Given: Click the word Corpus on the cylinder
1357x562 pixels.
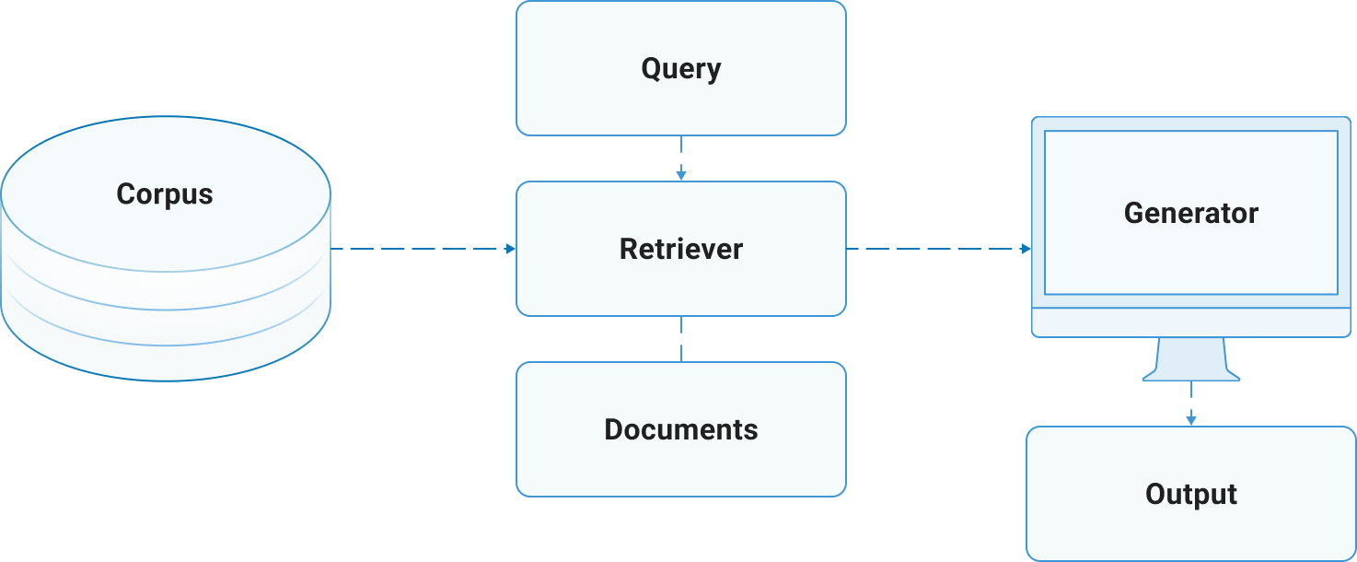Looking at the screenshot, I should (165, 194).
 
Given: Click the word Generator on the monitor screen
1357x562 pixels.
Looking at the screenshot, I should (1190, 213).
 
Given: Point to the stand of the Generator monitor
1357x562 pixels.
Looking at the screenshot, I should (1190, 359).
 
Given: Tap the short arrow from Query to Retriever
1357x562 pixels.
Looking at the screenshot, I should (680, 158).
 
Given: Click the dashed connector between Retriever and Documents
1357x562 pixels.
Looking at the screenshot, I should (680, 339).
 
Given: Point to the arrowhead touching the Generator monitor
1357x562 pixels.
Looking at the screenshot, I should (1026, 249).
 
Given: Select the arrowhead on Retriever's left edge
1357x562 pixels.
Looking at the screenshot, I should (510, 249).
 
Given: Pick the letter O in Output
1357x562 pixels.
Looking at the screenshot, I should (1155, 494).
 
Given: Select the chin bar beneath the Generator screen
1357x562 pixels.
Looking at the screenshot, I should (1190, 322).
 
